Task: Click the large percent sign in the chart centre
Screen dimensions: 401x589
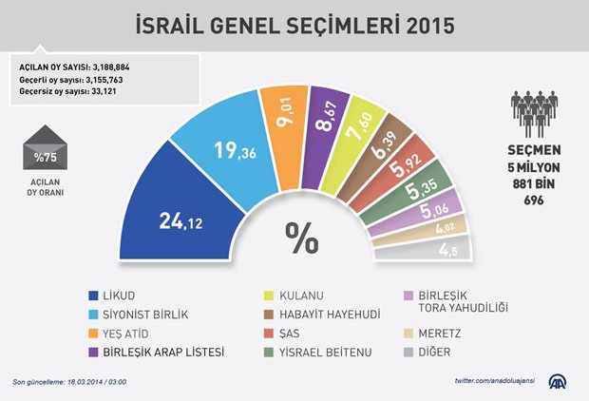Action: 302,238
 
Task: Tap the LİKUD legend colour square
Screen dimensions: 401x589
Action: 93,296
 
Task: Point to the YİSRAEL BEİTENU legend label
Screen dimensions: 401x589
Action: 319,352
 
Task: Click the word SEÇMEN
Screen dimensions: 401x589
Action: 533,150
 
